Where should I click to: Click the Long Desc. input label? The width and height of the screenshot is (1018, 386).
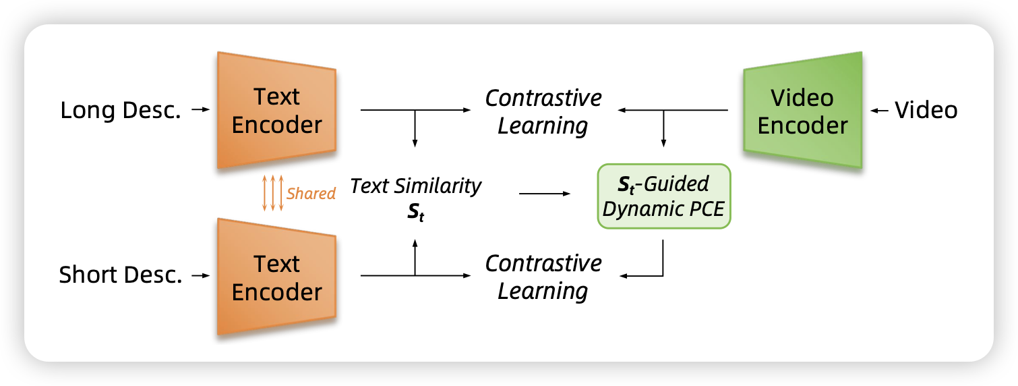tap(121, 111)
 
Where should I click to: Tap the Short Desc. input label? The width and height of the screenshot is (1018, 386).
tap(121, 275)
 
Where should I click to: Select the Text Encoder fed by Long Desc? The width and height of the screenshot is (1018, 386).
tap(276, 111)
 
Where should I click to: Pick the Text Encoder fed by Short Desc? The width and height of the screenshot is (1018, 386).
tap(276, 277)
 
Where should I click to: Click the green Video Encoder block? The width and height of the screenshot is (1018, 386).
tap(802, 111)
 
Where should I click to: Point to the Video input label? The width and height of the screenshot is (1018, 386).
tap(926, 111)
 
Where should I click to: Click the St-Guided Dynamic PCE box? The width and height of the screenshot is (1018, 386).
tap(663, 196)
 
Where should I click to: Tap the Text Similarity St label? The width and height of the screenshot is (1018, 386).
tap(416, 197)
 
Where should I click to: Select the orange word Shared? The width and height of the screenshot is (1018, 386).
tap(311, 194)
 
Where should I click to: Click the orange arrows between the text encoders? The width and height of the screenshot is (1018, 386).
tap(272, 193)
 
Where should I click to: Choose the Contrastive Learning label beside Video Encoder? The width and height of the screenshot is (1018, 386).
tap(543, 111)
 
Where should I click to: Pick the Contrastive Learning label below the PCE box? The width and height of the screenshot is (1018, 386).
tap(543, 277)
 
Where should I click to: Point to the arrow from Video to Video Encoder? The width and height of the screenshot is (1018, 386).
tap(880, 111)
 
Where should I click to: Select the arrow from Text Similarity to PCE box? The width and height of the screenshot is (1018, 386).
tap(544, 194)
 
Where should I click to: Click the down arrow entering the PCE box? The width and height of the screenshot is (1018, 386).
tap(664, 128)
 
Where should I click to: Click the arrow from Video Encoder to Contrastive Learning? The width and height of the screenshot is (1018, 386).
tap(674, 110)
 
